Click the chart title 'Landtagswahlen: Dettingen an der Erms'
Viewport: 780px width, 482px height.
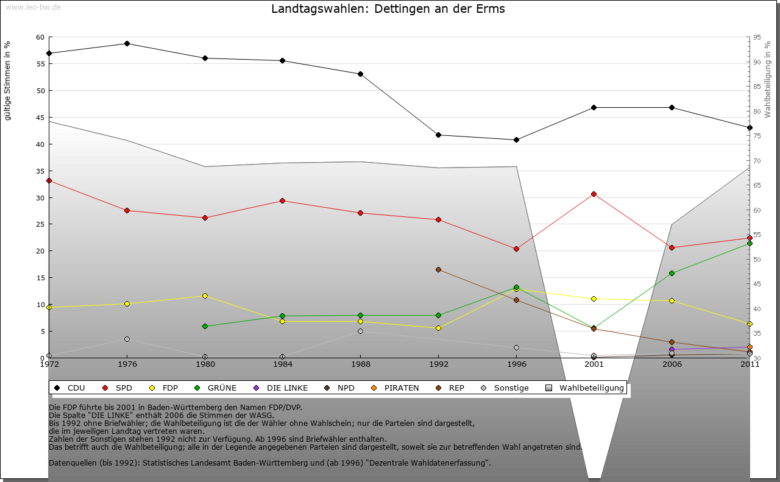pos(388,9)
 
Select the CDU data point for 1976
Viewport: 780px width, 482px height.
pos(127,43)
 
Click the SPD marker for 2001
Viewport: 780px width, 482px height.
pos(594,194)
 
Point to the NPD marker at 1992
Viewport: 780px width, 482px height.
pos(438,269)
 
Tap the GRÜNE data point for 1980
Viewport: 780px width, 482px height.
pos(205,326)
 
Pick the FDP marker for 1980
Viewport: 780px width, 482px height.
pos(205,296)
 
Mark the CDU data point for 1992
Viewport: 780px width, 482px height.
pos(438,135)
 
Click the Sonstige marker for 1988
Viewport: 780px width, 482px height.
pos(360,331)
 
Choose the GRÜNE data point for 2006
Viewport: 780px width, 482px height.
pos(672,273)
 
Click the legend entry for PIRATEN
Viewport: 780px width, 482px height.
pos(401,388)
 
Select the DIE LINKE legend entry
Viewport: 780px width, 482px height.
pos(287,388)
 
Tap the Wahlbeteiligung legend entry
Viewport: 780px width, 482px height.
pos(591,388)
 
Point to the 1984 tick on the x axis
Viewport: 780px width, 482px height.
pos(282,364)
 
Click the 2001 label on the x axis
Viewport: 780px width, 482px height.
pos(594,364)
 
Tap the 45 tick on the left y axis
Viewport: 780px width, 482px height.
pos(40,118)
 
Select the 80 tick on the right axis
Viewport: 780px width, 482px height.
pos(756,112)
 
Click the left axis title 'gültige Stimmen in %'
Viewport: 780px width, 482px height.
pos(8,80)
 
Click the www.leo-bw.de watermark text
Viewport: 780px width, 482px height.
pos(33,7)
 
